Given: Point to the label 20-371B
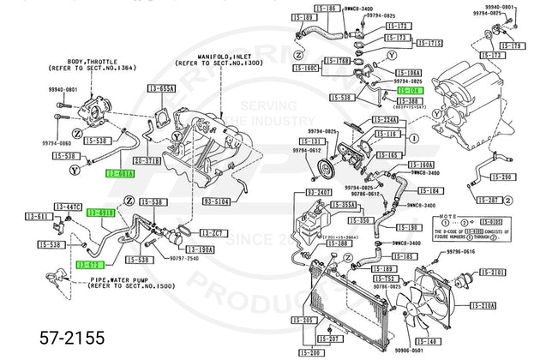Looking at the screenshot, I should pos(147,160).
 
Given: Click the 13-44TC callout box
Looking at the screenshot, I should pos(68,207).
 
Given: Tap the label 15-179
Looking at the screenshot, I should pos(511,45).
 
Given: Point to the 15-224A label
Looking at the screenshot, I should pos(384,121).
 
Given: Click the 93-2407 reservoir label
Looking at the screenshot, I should pos(319,194).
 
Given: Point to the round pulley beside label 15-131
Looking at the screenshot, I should pos(323,167).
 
